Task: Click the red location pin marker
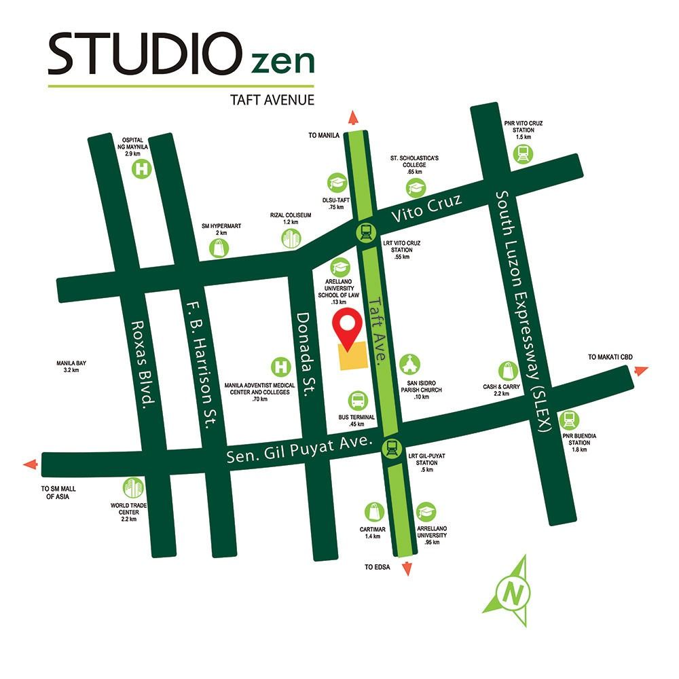tap(350, 327)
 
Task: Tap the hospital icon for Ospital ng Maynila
tap(142, 169)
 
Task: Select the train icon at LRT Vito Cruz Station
tap(365, 234)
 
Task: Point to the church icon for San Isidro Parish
tap(409, 365)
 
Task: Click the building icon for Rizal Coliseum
tap(291, 238)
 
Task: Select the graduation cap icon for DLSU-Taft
tap(337, 183)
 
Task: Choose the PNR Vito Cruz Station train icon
tap(524, 153)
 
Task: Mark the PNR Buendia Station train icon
tap(571, 420)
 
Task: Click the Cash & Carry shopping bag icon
tap(509, 371)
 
